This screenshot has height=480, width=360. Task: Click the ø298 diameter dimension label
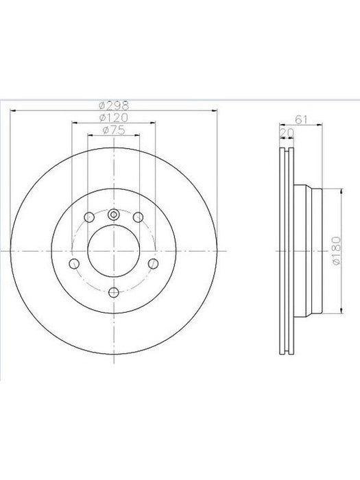(114, 106)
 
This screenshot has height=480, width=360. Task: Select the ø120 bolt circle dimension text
(114, 117)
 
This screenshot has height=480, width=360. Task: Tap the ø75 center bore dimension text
(114, 130)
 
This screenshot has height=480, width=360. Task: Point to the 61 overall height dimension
(301, 120)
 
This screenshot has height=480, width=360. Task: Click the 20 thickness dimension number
(287, 133)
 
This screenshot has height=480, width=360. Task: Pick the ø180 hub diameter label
(337, 251)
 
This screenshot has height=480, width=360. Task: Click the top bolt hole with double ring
(114, 215)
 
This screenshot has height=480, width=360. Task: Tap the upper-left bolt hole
(89, 217)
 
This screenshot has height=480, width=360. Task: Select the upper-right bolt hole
(138, 217)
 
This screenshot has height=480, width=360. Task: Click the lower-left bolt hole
(74, 263)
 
